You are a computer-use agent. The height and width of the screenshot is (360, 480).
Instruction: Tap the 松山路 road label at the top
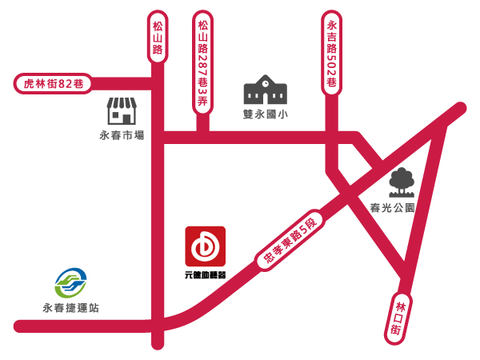pyautogui.click(x=158, y=38)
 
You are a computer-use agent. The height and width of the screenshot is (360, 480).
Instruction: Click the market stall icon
pyautogui.click(x=122, y=111)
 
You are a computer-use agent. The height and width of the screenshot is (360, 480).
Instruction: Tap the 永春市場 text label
pyautogui.click(x=122, y=135)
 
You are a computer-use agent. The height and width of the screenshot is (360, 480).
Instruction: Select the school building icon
pyautogui.click(x=265, y=90)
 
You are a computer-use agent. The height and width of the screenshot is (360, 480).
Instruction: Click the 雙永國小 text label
pyautogui.click(x=266, y=114)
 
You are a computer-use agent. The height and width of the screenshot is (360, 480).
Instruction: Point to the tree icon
pyautogui.click(x=401, y=183)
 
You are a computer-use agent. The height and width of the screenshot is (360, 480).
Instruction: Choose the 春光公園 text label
pyautogui.click(x=392, y=207)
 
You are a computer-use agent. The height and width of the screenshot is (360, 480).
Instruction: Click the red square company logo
pyautogui.click(x=205, y=246)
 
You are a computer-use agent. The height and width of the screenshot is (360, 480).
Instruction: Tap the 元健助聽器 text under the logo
pyautogui.click(x=205, y=274)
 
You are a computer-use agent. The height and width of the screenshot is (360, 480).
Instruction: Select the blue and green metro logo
pyautogui.click(x=70, y=282)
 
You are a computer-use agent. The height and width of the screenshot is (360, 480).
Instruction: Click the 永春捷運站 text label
pyautogui.click(x=71, y=307)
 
